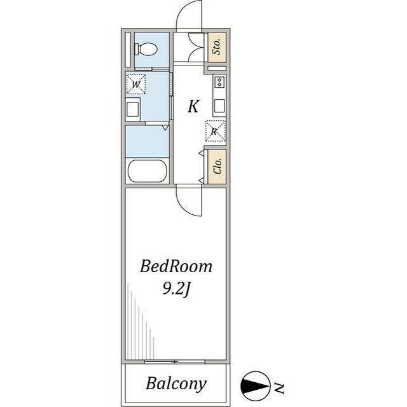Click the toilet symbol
[x=146, y=50]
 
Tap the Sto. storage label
[x=217, y=46]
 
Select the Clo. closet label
[x=217, y=166]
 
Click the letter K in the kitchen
[x=193, y=106]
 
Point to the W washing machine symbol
[x=135, y=84]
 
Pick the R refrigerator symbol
[x=215, y=132]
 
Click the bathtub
[x=147, y=171]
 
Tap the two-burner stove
[x=219, y=82]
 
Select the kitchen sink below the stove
[x=219, y=106]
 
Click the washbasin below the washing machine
[x=133, y=109]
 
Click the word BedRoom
[x=176, y=266]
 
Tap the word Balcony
[x=176, y=383]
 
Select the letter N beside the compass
[x=279, y=388]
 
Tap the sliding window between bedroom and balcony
[x=175, y=362]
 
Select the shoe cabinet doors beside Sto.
[x=198, y=47]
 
